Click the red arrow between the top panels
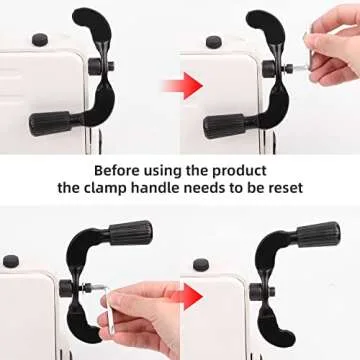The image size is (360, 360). point(183,86)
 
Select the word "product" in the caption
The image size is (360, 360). point(240,171)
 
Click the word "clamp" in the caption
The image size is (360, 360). point(103,188)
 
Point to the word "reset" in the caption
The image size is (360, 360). point(284,188)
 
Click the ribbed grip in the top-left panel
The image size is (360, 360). point(50,123)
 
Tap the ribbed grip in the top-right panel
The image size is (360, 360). point(224,126)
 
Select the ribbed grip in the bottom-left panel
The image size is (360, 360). point(131,233)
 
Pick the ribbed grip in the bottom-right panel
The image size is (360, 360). point(318,234)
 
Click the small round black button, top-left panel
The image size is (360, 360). point(40,40)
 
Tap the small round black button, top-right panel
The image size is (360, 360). point(214,42)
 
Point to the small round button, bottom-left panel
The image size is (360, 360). point(11,261)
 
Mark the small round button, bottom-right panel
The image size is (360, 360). point(201,264)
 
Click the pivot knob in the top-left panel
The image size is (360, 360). point(95,66)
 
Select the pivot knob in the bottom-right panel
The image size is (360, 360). point(256,291)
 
